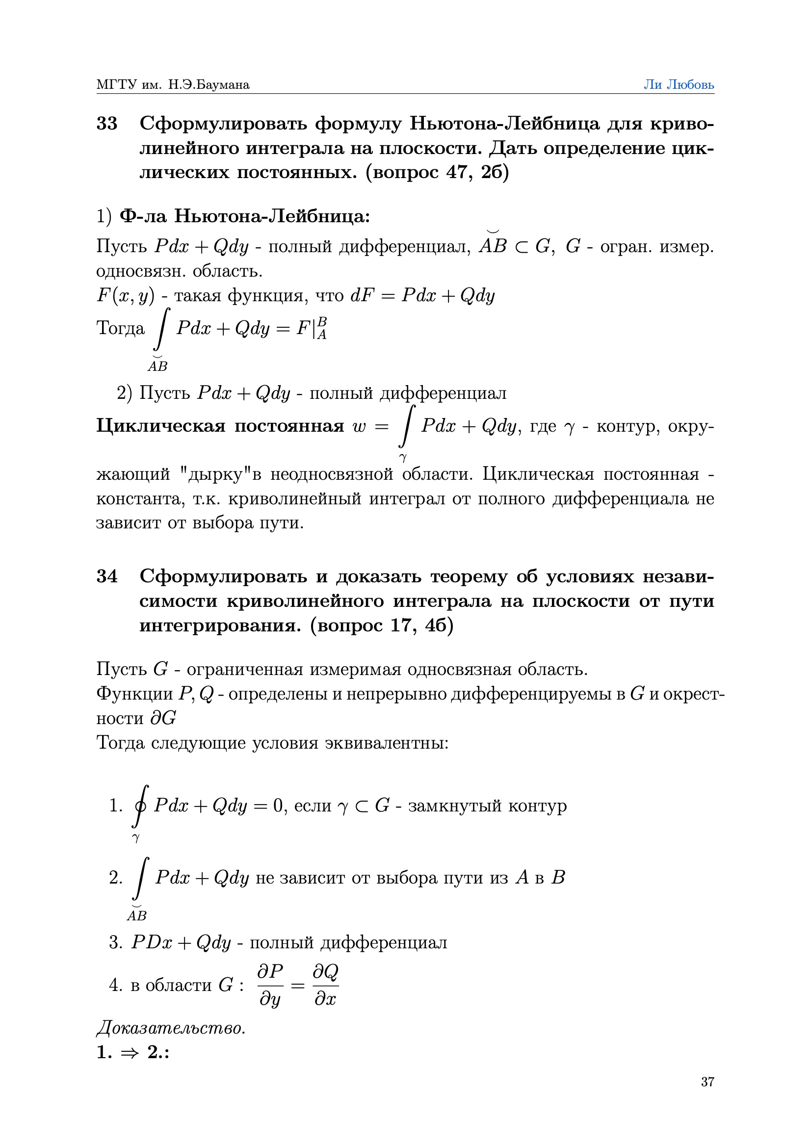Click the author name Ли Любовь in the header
(x=678, y=84)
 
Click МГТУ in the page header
(x=116, y=84)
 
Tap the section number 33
(x=107, y=124)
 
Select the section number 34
(x=107, y=576)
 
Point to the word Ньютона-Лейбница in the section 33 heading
(x=504, y=124)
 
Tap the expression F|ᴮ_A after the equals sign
(x=312, y=328)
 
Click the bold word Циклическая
(x=160, y=426)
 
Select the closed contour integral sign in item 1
(x=140, y=805)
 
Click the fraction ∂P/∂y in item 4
(x=270, y=985)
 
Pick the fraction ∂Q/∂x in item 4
(x=325, y=985)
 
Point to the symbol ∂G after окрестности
(x=163, y=718)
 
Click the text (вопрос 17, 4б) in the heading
(x=381, y=625)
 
